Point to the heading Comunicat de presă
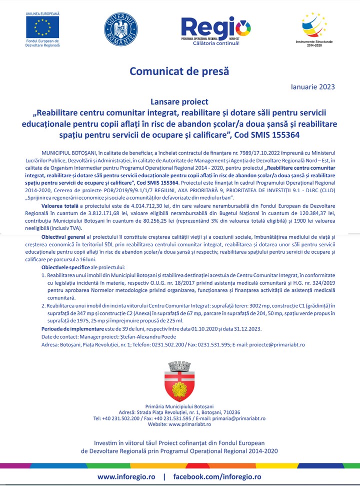pyautogui.click(x=179, y=71)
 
